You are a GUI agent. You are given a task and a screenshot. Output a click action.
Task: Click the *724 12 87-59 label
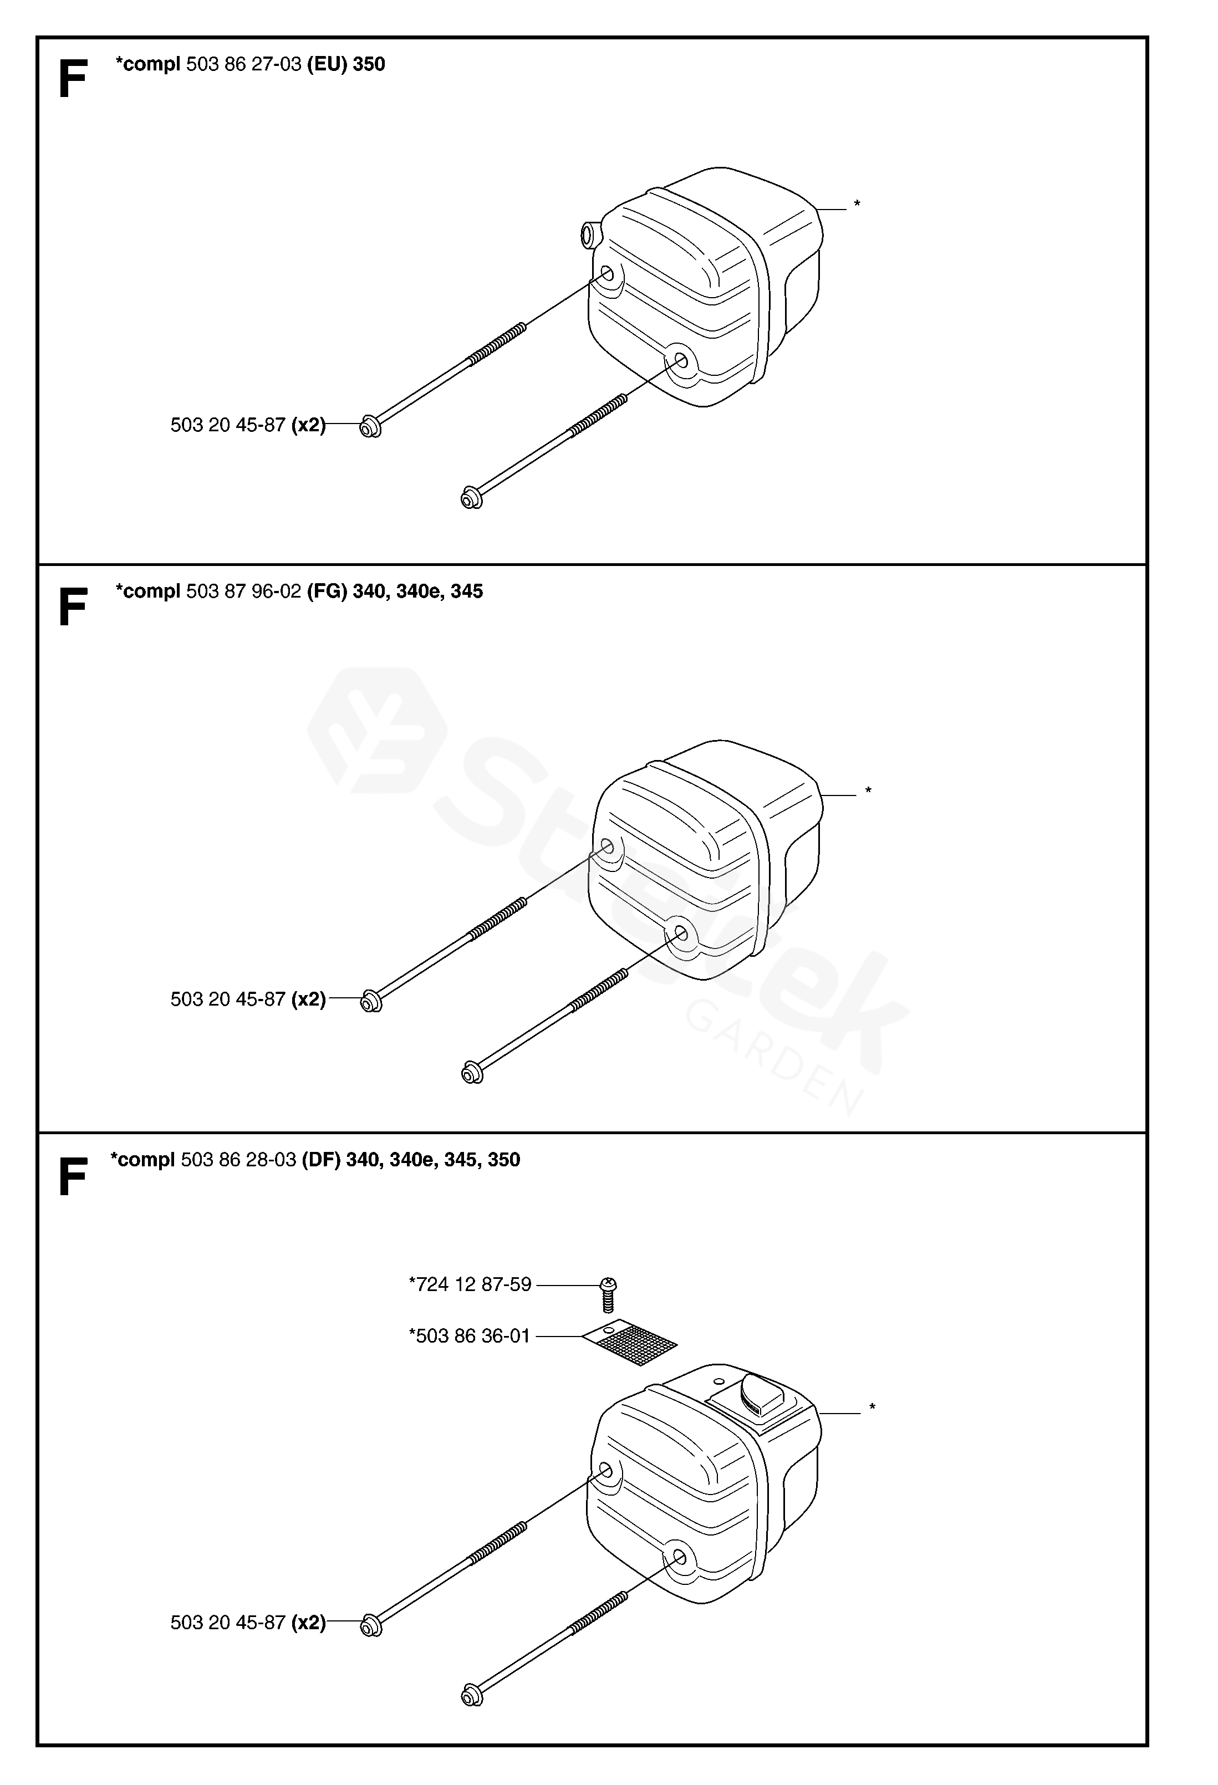click(470, 1284)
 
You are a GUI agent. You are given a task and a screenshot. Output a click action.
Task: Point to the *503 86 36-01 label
click(470, 1335)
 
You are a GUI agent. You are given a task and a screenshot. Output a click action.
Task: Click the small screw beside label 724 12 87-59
click(608, 1293)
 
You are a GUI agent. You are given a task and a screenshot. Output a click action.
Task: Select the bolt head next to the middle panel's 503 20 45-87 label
click(371, 1002)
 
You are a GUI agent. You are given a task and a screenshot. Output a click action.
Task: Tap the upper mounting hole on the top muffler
click(607, 273)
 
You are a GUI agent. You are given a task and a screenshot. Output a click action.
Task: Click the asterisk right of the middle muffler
click(869, 790)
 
